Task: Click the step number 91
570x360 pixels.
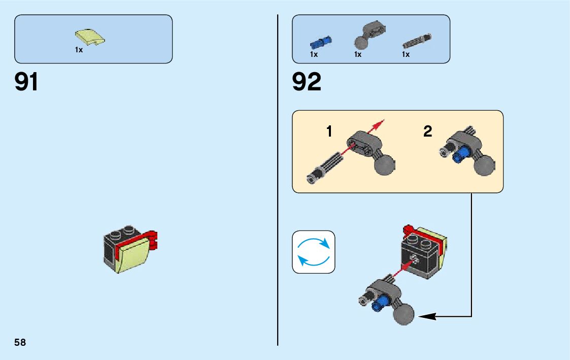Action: click(x=26, y=82)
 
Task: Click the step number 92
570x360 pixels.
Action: click(x=307, y=82)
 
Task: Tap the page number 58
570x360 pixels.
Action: click(x=20, y=342)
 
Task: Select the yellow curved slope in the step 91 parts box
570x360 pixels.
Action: click(x=90, y=38)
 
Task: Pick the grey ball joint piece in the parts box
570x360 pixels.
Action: click(x=368, y=35)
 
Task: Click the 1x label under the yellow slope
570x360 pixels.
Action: click(x=79, y=50)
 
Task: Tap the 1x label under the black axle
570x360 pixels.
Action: click(x=406, y=54)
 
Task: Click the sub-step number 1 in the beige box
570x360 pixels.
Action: click(x=329, y=132)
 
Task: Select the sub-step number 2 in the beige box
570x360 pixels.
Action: click(x=428, y=132)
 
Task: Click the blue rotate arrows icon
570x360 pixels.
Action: click(x=314, y=252)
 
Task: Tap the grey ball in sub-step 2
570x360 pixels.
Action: click(x=485, y=165)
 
